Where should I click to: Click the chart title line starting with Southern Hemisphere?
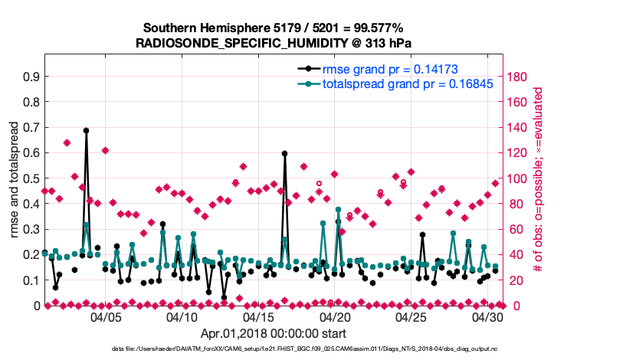(x=280, y=28)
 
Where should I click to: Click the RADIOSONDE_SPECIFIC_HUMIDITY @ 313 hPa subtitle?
(x=280, y=43)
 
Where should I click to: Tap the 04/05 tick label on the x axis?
(x=106, y=316)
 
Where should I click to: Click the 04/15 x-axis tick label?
(x=259, y=316)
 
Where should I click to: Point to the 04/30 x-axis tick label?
(x=488, y=316)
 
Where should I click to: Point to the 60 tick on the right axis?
(x=516, y=229)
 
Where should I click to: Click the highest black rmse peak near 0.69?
(x=86, y=130)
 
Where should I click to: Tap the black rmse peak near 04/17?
(x=284, y=153)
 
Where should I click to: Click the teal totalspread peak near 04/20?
(x=338, y=208)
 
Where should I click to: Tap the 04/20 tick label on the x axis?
(x=335, y=316)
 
